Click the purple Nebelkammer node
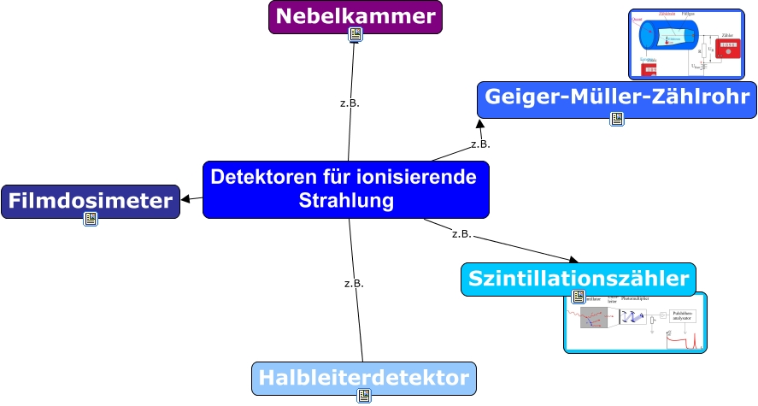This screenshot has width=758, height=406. coord(355,16)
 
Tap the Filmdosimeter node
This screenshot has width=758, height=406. coord(91,201)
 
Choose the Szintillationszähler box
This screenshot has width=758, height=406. coord(579,279)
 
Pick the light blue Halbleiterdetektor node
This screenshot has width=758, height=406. coord(363,378)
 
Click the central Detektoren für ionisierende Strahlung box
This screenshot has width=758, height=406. coord(346,189)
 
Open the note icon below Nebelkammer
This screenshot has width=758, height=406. coord(355,35)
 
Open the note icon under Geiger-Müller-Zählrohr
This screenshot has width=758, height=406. coord(617,119)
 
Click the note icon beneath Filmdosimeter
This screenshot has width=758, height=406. coord(91,220)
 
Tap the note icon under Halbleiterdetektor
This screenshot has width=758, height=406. coord(364,396)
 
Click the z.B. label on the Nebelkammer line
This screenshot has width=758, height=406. coord(350,103)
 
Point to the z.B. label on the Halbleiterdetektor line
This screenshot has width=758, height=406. coord(354,283)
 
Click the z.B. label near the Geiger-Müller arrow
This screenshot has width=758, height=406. coord(480,144)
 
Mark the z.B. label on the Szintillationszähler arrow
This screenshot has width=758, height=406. coord(461,233)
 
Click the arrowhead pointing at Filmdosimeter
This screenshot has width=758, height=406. coord(185,199)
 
